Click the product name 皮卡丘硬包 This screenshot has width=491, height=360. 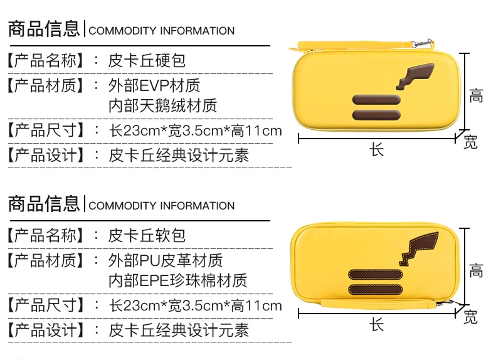click(x=147, y=61)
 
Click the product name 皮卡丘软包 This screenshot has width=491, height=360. click(x=147, y=236)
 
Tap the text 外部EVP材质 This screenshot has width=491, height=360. click(x=155, y=85)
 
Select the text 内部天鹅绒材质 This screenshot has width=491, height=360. click(x=163, y=105)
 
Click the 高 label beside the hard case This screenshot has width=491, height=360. click(x=477, y=95)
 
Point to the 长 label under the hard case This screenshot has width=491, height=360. click(x=376, y=151)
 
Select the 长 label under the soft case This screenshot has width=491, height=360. click(x=376, y=325)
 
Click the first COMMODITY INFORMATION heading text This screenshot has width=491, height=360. click(x=162, y=31)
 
